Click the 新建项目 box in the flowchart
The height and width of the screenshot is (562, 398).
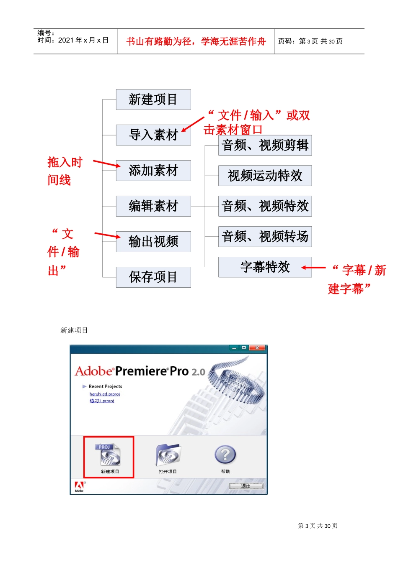coord(153,100)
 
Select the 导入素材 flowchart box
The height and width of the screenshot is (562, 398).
coord(153,135)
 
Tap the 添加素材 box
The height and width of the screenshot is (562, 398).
coord(153,171)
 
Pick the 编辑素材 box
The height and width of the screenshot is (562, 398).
coord(153,206)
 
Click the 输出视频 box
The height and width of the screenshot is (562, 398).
coord(153,242)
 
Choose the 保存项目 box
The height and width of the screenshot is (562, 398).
coord(153,277)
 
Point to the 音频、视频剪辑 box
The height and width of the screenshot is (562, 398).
coord(265,145)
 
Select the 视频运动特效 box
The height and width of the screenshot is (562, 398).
coord(265,176)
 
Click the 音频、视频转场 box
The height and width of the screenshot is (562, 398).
coord(265,237)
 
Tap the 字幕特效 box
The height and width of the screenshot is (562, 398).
coord(265,267)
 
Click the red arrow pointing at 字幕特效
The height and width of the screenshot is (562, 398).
coord(313,268)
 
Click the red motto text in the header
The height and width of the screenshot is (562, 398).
coord(196,41)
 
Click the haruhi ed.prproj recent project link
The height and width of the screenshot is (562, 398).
coord(105,394)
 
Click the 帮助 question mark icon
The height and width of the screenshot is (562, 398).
coord(225,455)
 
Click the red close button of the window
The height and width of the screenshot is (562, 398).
coord(257,348)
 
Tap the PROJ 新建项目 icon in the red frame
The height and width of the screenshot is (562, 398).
coord(109,455)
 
